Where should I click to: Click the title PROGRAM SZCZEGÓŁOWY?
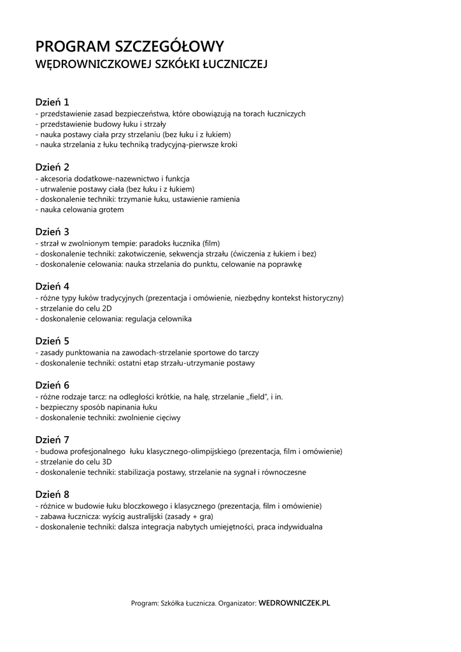[x=129, y=46]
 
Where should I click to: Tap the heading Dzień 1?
[x=52, y=102]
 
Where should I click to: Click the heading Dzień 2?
[x=52, y=167]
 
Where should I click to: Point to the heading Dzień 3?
[x=52, y=232]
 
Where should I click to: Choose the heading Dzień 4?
[x=52, y=287]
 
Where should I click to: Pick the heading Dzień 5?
[x=52, y=341]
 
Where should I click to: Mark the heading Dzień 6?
[x=52, y=385]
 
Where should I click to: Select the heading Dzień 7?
[x=52, y=440]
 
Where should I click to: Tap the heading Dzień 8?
[x=52, y=494]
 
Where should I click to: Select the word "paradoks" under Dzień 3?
[x=157, y=243]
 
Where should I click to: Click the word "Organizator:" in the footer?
[x=237, y=602]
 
